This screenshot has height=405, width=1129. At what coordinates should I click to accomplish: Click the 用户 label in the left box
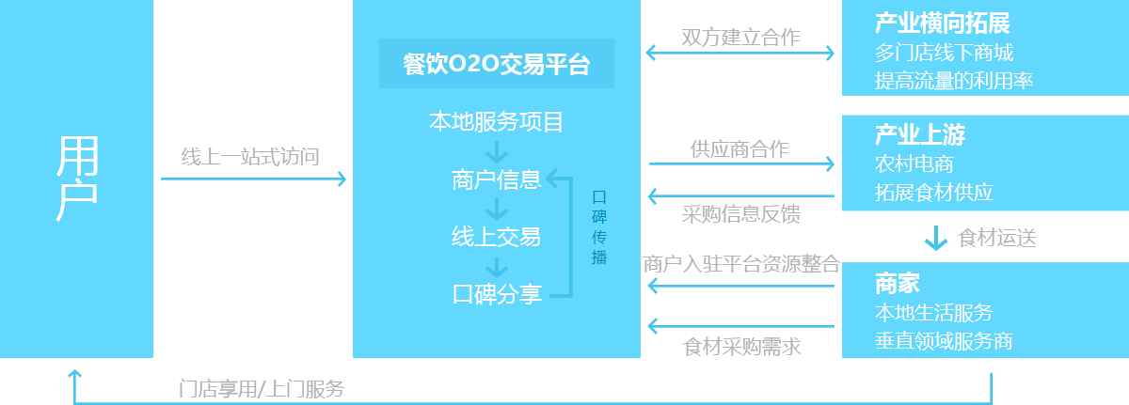[x=77, y=179]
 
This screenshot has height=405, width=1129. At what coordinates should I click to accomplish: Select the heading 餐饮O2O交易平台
[x=496, y=64]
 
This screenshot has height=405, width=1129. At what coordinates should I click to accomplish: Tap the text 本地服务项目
[x=496, y=122]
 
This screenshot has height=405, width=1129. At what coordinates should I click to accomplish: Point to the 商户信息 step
[x=496, y=180]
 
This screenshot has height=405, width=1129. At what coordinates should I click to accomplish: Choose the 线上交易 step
[x=496, y=237]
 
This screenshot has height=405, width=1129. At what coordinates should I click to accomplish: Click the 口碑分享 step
[x=496, y=294]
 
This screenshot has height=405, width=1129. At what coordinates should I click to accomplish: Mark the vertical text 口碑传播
[x=599, y=228]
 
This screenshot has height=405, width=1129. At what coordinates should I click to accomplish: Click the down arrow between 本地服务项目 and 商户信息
[x=496, y=151]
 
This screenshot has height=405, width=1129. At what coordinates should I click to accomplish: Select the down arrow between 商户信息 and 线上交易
[x=496, y=209]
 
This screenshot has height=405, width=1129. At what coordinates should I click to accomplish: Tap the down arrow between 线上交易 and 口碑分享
[x=496, y=266]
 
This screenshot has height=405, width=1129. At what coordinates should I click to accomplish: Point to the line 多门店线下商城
[x=944, y=53]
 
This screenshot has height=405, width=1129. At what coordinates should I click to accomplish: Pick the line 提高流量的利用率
[x=954, y=81]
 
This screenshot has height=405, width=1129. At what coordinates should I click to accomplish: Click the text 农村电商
[x=914, y=164]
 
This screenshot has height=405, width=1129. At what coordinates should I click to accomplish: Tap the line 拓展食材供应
[x=933, y=193]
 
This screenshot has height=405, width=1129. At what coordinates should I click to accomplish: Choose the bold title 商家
[x=897, y=283]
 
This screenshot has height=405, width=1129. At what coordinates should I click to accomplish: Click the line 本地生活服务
[x=933, y=312]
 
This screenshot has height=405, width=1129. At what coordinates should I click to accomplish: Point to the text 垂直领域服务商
[x=944, y=340]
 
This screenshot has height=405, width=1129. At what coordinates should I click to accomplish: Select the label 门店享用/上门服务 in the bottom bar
[x=262, y=388]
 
